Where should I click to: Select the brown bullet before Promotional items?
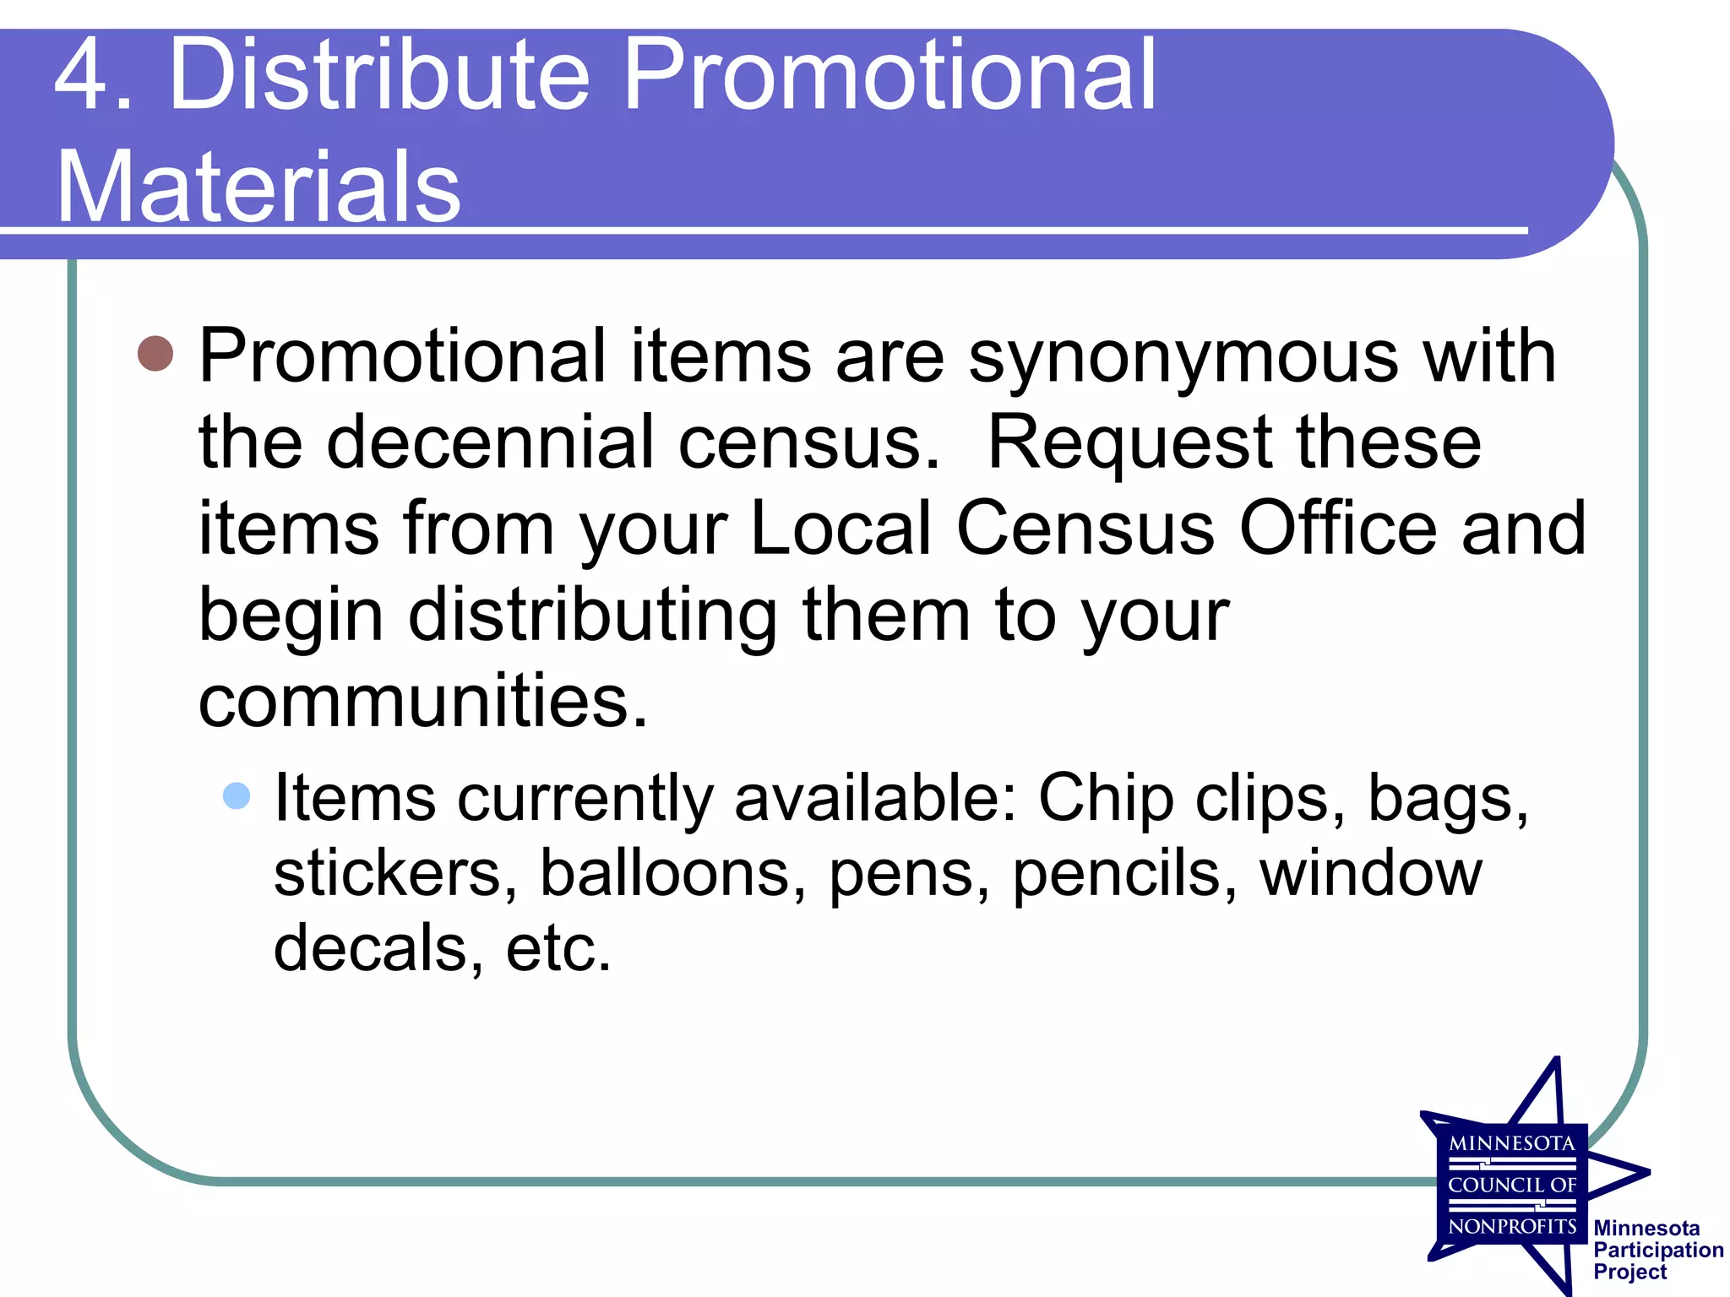click(x=155, y=353)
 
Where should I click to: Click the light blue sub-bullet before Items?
click(x=237, y=795)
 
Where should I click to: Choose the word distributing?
click(x=592, y=615)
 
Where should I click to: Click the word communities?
click(x=422, y=701)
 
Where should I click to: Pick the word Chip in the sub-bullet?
click(x=1106, y=797)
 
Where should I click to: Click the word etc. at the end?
click(x=558, y=947)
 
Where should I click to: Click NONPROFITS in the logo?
click(x=1512, y=1226)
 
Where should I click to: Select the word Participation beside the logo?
click(x=1658, y=1250)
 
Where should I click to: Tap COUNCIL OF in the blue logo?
click(x=1512, y=1185)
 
